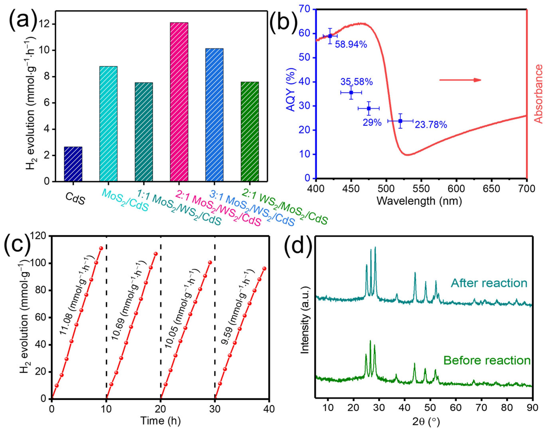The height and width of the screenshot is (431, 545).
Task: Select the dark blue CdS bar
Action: (x=73, y=164)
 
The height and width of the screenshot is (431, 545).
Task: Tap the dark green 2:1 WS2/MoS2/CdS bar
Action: (x=250, y=131)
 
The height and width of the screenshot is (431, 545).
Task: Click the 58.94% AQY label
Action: (x=351, y=45)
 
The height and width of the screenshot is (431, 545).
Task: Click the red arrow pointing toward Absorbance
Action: (x=460, y=80)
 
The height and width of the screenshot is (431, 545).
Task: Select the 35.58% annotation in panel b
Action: (x=356, y=82)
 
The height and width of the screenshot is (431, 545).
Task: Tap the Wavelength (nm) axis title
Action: (x=419, y=201)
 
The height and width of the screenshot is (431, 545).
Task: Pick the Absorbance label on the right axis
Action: (x=538, y=94)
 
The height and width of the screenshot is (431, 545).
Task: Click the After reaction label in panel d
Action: (x=489, y=283)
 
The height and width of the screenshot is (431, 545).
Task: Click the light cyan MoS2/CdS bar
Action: (x=108, y=124)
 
